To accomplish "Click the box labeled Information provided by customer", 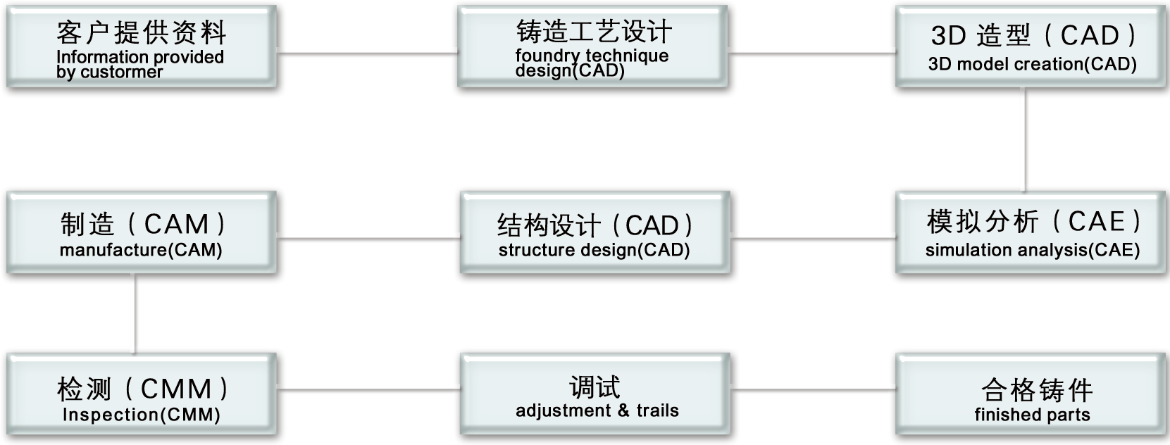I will tap(141, 48).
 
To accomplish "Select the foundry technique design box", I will tap(592, 48).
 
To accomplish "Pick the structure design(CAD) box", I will tap(595, 232).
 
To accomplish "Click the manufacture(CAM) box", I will tap(141, 232).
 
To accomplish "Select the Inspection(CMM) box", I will tap(141, 396).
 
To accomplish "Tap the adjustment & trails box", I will tap(595, 396).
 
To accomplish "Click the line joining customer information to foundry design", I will tap(367, 53).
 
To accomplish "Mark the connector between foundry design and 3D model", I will tap(811, 53).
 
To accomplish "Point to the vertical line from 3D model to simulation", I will tap(1025, 139).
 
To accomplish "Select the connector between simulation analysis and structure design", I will tap(813, 239).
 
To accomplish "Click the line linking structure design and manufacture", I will tap(368, 239).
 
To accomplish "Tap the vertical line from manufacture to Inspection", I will tap(135, 314).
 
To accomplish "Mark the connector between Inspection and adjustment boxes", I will tap(368, 389).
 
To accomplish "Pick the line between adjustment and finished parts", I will tap(813, 389).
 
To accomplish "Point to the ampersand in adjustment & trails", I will tap(623, 411).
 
